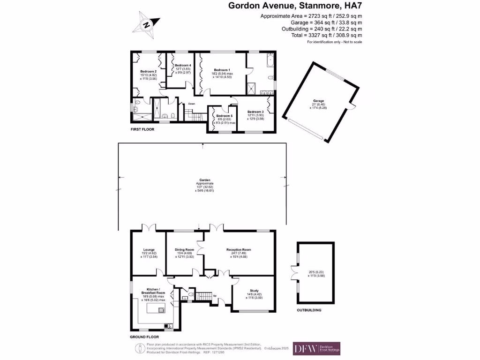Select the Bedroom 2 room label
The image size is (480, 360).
click(142, 71)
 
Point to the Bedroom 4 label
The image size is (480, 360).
click(183, 65)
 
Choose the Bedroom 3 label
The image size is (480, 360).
click(255, 112)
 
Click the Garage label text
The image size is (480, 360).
click(319, 100)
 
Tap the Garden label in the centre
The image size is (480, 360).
click(204, 180)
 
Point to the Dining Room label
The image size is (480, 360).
click(184, 249)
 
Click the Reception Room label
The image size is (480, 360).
click(239, 249)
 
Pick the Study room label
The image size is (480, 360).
click(255, 291)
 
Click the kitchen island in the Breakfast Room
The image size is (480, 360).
click(156, 309)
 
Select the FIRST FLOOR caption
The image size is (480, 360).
click(142, 127)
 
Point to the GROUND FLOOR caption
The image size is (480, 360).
click(144, 337)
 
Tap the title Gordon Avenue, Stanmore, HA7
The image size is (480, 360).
click(295, 6)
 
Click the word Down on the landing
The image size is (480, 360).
click(191, 104)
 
